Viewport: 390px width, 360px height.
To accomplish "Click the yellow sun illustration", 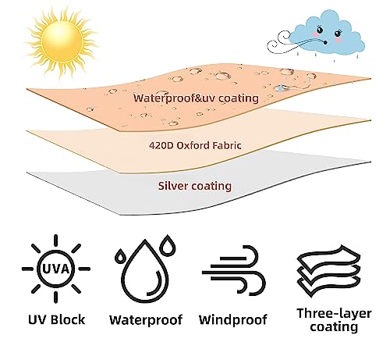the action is tap(62, 41).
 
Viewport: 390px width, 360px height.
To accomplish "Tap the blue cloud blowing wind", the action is tap(326, 33).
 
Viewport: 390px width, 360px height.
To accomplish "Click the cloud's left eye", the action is tap(320, 30).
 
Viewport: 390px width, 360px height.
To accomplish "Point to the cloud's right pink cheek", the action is tap(338, 40).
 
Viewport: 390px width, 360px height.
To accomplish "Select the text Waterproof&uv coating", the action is tap(196, 98).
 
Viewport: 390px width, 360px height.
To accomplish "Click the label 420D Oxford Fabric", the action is tap(195, 145).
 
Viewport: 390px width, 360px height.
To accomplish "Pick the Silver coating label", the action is tap(195, 186).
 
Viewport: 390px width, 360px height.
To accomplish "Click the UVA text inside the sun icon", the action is tap(55, 269).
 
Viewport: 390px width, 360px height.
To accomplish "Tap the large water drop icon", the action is tap(144, 272).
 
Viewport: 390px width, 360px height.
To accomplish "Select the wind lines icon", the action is tap(233, 270).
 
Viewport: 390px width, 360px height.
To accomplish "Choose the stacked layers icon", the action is tap(329, 271).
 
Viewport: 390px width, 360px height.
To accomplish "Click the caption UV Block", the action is tap(56, 319).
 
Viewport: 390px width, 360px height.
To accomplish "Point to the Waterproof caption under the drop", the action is tap(146, 320).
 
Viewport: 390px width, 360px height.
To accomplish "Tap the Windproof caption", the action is tap(233, 320).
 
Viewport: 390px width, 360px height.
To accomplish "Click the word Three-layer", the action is tap(334, 313).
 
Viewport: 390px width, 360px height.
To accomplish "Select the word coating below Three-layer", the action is tap(334, 327).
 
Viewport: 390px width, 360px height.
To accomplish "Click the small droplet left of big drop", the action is tap(120, 255).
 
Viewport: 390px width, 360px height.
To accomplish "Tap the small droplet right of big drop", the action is tap(167, 244).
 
